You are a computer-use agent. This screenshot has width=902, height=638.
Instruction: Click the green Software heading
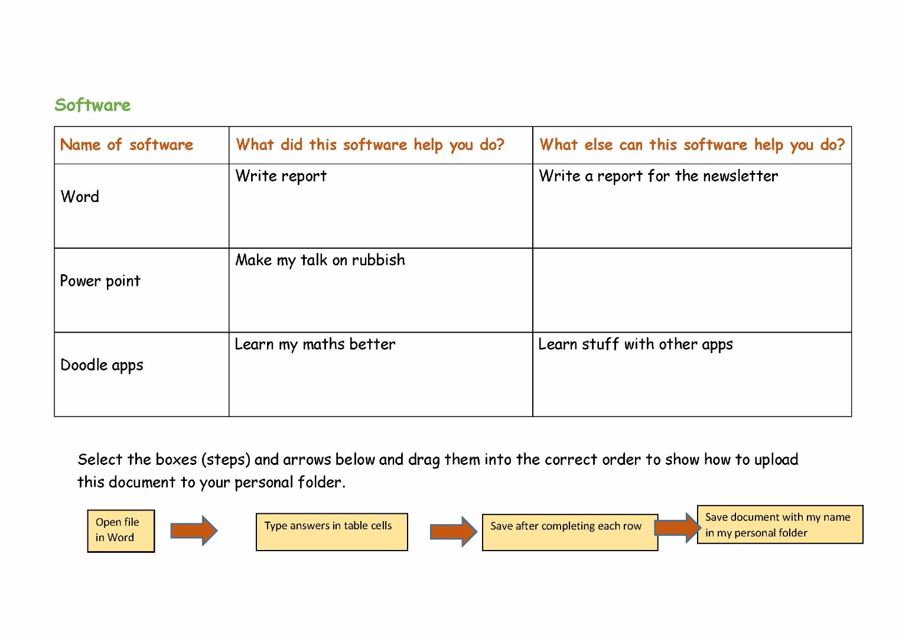(93, 105)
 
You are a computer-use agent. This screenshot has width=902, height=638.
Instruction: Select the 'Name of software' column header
(126, 144)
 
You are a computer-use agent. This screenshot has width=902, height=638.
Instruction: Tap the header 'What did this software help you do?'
(370, 145)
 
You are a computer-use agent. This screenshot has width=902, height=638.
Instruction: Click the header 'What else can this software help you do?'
(692, 145)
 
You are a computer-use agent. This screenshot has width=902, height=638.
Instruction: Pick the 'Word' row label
(80, 197)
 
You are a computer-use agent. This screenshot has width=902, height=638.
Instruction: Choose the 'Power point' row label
(100, 281)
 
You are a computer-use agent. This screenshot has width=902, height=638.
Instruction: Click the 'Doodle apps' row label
(102, 365)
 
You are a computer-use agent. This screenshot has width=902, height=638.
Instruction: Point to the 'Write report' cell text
(281, 176)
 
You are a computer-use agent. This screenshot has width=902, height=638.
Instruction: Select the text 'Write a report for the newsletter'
(659, 176)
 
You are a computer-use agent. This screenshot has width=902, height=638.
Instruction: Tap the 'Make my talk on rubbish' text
(320, 260)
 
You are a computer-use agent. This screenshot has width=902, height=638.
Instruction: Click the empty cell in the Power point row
(692, 290)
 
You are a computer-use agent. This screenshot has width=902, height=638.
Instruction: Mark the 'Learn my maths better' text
(315, 344)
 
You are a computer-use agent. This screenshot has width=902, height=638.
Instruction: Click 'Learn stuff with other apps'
(636, 344)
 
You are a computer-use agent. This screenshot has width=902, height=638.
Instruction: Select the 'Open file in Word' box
(121, 531)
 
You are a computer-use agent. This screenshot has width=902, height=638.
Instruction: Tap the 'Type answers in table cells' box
(332, 532)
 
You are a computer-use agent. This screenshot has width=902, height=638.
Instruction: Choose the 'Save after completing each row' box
(570, 532)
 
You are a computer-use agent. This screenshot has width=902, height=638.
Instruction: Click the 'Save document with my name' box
(780, 525)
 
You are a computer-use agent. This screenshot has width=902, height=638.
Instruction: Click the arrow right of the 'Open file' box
(194, 531)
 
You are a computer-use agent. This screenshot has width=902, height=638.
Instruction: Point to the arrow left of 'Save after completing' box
(454, 532)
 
